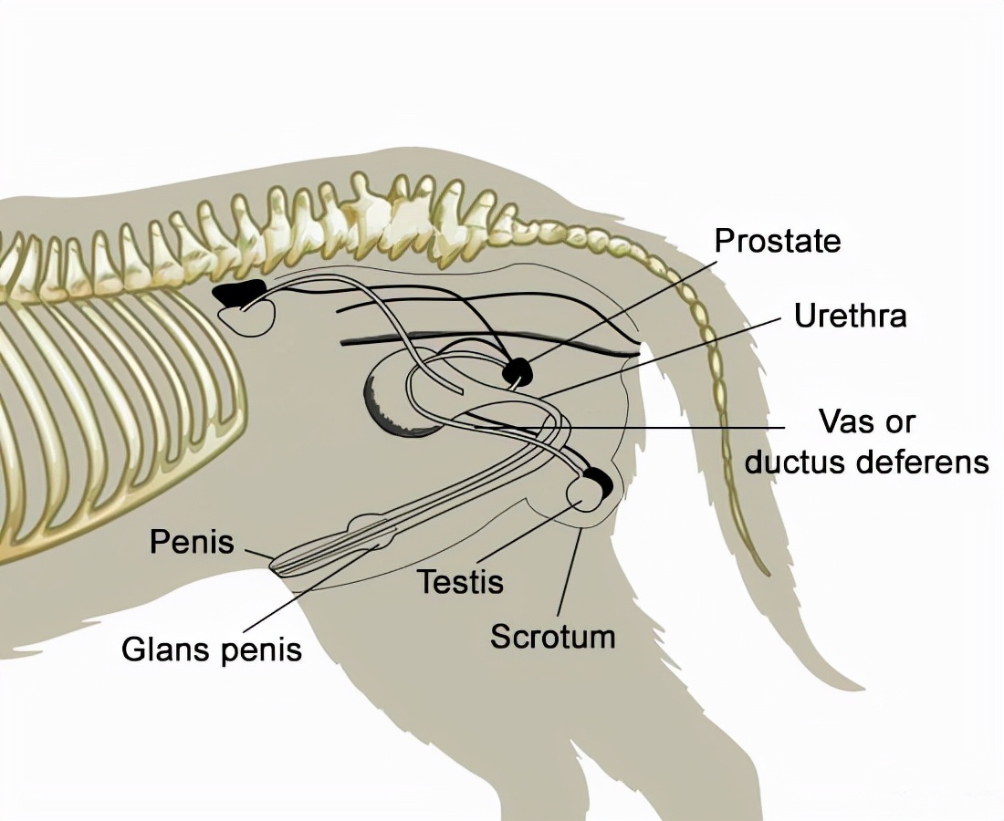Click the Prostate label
777,242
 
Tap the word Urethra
850,317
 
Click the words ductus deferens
866,462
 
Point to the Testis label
460,581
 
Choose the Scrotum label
552,636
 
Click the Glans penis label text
212,650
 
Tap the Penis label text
192,543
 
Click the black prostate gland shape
518,370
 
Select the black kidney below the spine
238,293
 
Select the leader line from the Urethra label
666,356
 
